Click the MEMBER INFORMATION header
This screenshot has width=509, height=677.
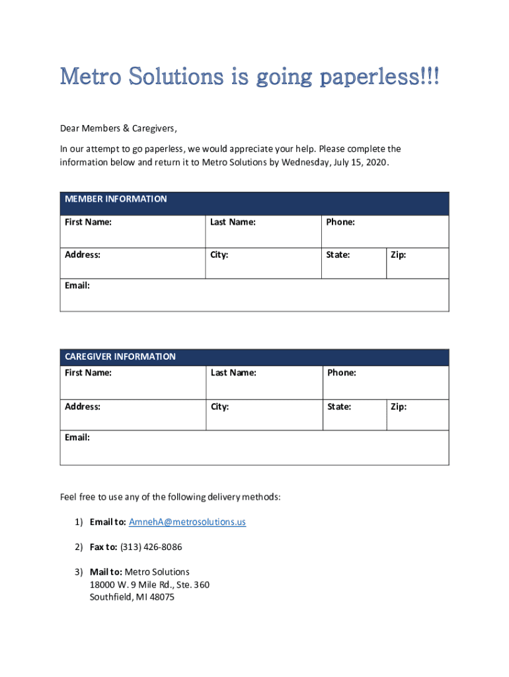116,199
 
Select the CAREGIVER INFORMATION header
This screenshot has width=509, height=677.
120,357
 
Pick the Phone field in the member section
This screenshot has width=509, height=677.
385,231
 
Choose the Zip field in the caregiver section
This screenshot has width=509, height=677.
417,415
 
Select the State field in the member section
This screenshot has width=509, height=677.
354,263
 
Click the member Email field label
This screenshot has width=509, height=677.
77,286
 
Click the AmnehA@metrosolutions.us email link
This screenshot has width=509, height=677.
187,522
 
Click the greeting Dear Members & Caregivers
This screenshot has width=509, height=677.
119,128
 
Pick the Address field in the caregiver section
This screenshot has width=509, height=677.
132,415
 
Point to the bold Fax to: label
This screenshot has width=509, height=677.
104,547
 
